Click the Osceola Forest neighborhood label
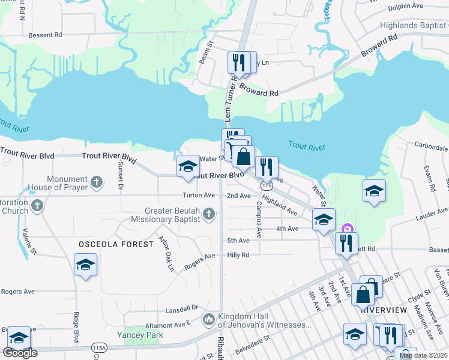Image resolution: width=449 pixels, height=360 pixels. tap(110, 244)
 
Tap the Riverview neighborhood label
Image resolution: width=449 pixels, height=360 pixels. tap(384, 310)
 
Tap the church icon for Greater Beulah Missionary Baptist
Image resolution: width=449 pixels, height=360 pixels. tap(208, 214)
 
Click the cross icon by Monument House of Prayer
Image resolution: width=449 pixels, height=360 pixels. tap(97, 183)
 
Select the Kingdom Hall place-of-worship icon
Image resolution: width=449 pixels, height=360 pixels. tap(208, 319)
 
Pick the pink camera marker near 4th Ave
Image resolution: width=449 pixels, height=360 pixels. tap(346, 229)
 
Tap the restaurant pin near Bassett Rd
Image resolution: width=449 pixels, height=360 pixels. tap(346, 242)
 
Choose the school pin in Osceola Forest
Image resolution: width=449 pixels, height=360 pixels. tap(85, 265)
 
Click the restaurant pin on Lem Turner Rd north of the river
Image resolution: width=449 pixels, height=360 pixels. tap(238, 63)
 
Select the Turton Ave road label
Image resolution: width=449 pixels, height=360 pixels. tap(199, 196)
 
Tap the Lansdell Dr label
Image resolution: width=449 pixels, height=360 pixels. tap(182, 307)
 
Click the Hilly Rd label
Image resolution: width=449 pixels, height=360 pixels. tap(238, 255)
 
